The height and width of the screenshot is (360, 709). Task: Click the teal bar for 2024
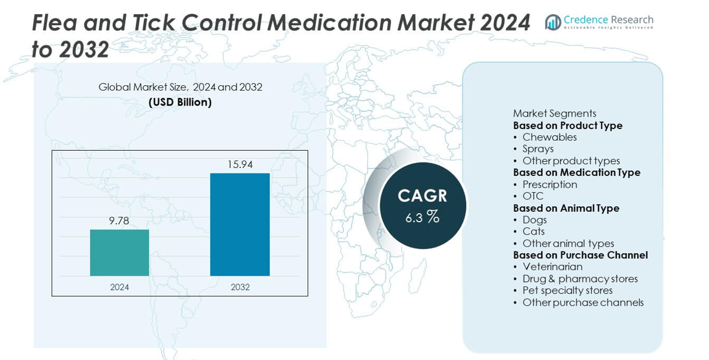tap(119, 253)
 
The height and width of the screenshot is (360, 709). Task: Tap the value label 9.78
tap(119, 220)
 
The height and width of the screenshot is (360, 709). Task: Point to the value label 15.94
tap(240, 164)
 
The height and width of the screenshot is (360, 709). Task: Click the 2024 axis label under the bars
tap(119, 287)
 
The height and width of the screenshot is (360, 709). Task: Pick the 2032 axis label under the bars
tap(240, 287)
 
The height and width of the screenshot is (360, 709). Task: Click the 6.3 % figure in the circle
tap(422, 217)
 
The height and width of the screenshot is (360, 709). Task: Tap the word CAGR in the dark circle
tap(422, 196)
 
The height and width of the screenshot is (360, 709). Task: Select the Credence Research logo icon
tap(553, 22)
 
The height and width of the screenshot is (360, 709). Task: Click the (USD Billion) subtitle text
tap(180, 102)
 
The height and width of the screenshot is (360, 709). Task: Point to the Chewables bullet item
tap(549, 137)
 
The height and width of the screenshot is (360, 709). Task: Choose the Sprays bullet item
tap(537, 149)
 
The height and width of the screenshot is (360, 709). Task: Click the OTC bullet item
tap(532, 196)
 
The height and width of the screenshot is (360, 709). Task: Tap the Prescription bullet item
tap(549, 185)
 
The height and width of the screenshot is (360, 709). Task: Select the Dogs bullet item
tap(534, 220)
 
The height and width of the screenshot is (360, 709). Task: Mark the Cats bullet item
tap(533, 232)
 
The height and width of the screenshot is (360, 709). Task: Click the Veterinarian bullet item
tap(552, 267)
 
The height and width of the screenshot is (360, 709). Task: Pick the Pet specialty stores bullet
tap(567, 290)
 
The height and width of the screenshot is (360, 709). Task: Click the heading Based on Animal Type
tap(566, 208)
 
